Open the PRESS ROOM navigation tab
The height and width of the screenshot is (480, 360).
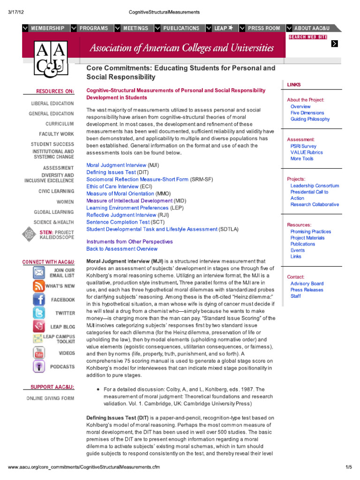(264, 28)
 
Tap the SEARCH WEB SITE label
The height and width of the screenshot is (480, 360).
(308, 37)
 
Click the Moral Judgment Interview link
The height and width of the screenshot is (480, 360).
(116, 165)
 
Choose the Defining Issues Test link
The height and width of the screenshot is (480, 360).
(111, 172)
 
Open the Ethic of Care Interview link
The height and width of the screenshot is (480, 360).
(112, 187)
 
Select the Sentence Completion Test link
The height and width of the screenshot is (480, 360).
(118, 222)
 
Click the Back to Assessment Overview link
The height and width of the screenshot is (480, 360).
(122, 249)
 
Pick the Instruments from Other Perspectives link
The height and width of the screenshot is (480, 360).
(129, 242)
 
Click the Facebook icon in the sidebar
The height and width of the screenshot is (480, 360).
(39, 300)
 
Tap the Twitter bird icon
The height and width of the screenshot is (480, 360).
(39, 313)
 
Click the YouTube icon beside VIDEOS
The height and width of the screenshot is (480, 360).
(39, 353)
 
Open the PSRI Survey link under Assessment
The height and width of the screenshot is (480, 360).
(303, 146)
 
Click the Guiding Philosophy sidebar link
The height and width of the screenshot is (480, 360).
(310, 119)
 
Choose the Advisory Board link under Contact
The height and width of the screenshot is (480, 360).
(307, 284)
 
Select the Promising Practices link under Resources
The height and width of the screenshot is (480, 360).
(310, 232)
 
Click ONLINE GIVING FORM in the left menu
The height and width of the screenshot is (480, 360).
(50, 398)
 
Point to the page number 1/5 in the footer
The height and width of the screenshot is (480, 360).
(348, 468)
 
